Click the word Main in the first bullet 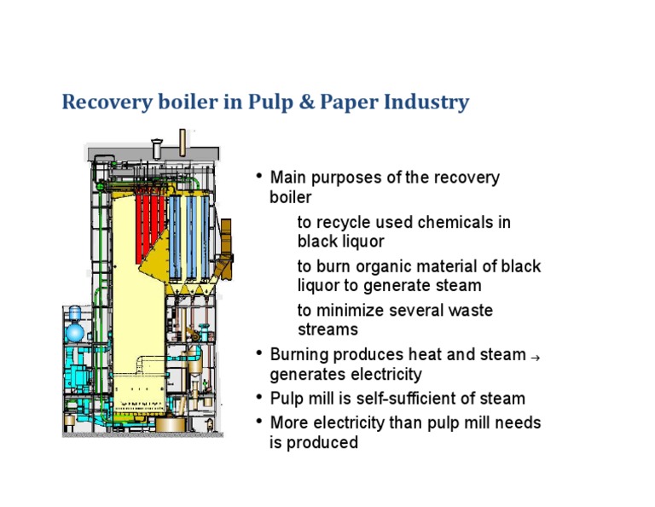tap(289, 178)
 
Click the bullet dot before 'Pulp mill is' tap(259, 397)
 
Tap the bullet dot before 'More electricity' tap(259, 421)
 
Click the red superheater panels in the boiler tap(151, 217)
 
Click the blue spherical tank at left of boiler tap(76, 330)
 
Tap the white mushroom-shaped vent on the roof tap(157, 145)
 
